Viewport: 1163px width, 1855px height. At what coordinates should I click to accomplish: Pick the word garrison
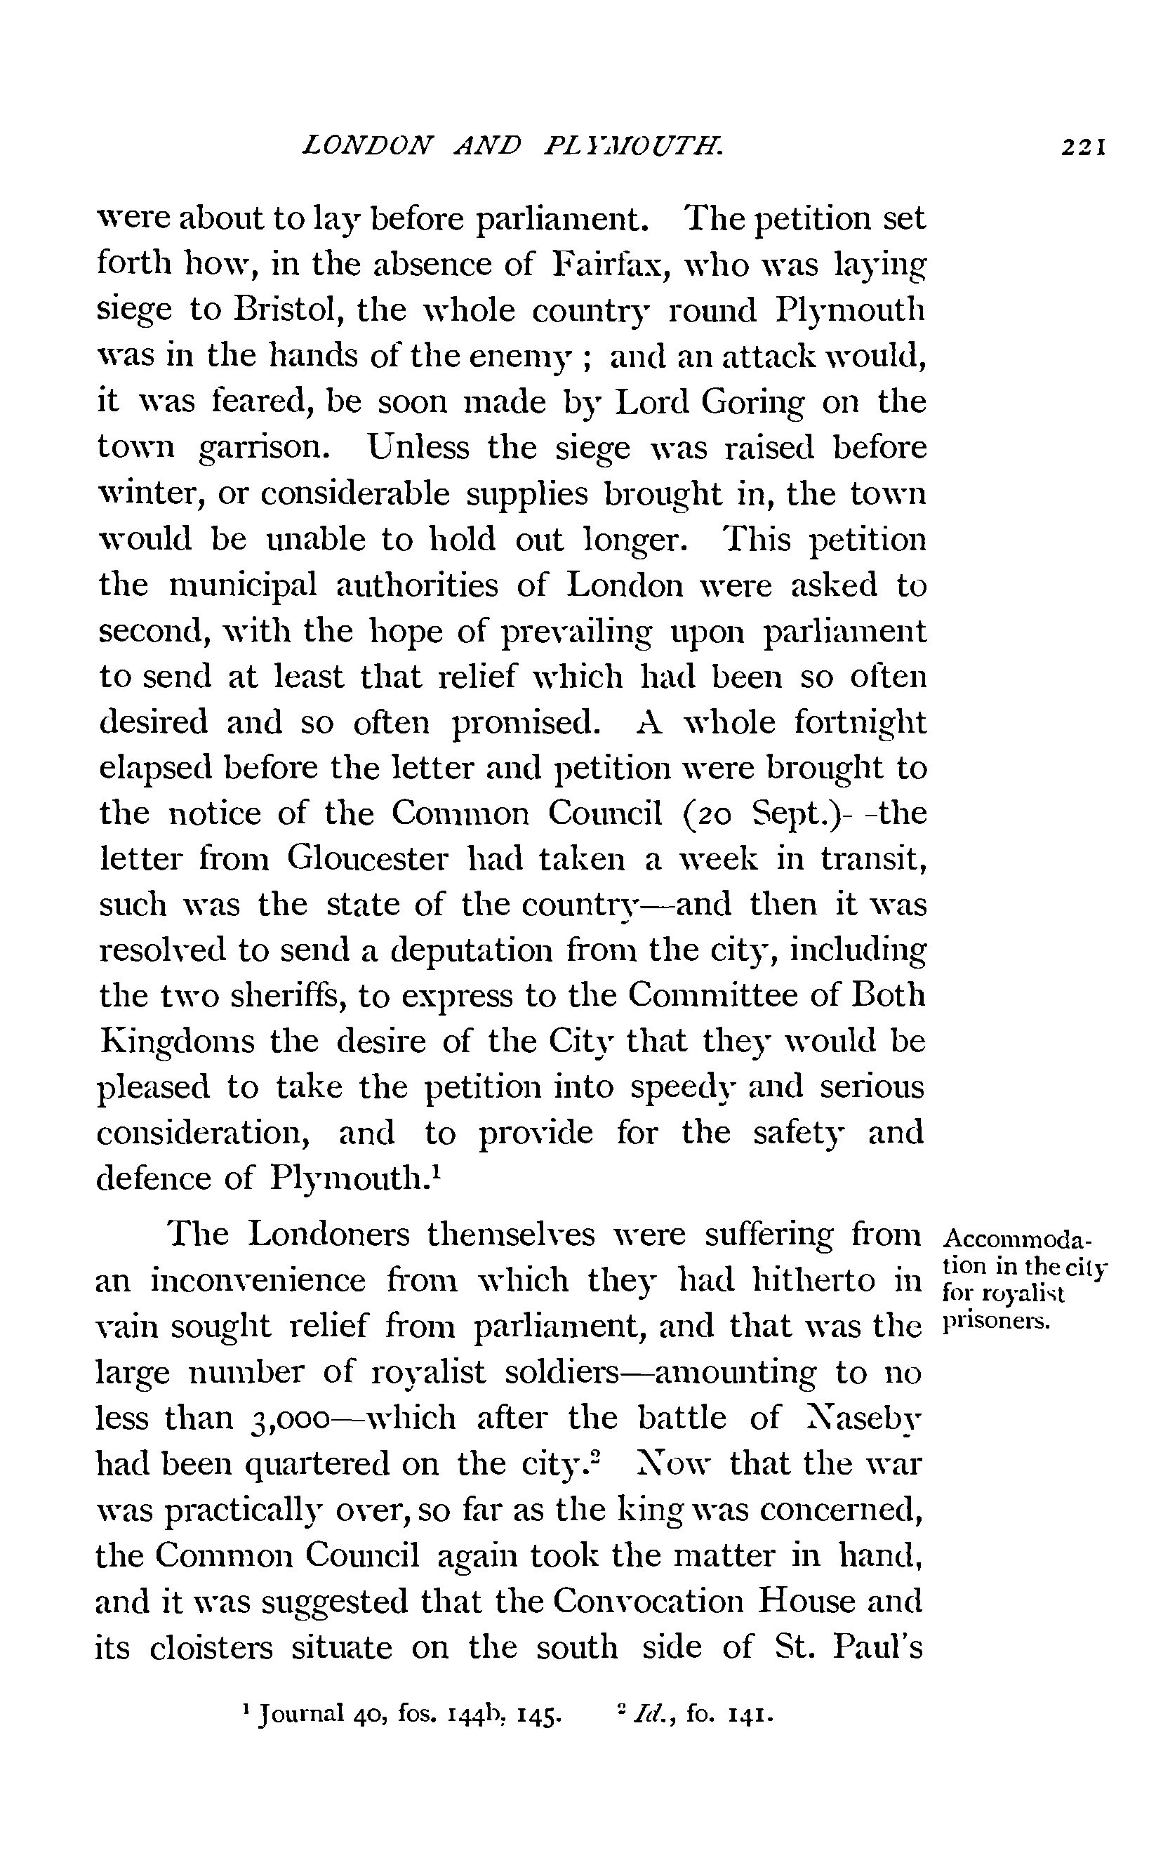(x=264, y=449)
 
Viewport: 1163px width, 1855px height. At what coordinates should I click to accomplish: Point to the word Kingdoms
(x=178, y=1043)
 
